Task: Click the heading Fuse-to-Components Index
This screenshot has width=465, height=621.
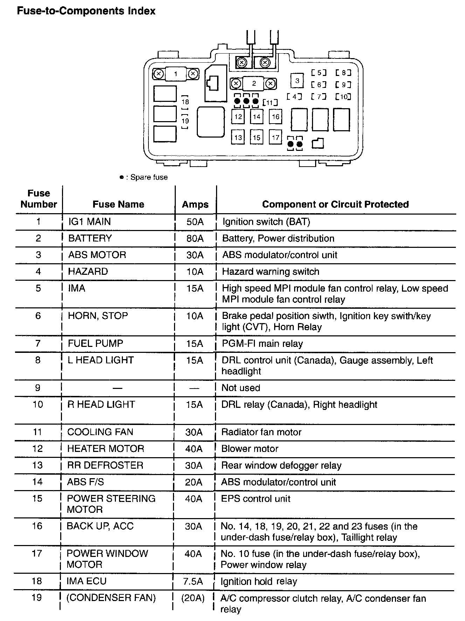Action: [x=86, y=11]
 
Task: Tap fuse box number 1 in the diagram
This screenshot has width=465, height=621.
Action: [x=176, y=74]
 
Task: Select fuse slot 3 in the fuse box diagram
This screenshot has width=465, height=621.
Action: [x=297, y=81]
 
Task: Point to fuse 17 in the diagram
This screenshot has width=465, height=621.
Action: [x=276, y=137]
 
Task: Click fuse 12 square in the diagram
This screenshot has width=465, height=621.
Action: [x=238, y=117]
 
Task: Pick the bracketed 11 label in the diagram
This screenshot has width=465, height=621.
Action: [x=270, y=103]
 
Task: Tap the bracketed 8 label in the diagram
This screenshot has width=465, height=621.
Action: [x=343, y=73]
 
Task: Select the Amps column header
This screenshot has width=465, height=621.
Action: [x=195, y=204]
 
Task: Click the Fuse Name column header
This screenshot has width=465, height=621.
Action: [x=118, y=204]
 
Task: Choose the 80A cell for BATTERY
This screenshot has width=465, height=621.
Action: [x=195, y=238]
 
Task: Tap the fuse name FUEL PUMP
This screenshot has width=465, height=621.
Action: [x=96, y=343]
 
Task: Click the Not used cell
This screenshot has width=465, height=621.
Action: [x=241, y=388]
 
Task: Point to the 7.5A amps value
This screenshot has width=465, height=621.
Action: [x=193, y=581]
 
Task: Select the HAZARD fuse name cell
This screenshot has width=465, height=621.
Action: [x=88, y=272]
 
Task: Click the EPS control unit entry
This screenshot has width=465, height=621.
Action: [x=256, y=499]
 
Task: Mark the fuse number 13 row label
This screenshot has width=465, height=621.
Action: [x=37, y=466]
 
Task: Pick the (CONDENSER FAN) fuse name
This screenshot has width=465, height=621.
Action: [x=111, y=598]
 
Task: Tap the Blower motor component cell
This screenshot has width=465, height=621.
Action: [x=250, y=449]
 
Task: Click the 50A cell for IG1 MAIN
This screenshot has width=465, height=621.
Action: [x=195, y=222]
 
